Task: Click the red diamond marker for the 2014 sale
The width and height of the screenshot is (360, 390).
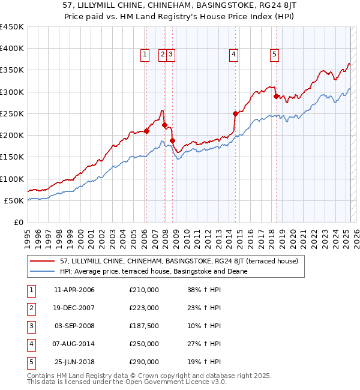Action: tap(235, 113)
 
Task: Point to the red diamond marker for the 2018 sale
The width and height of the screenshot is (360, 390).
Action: tap(276, 96)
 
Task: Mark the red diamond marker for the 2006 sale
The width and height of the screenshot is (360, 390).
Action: tap(146, 131)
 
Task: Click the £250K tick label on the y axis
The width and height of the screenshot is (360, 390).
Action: tap(12, 113)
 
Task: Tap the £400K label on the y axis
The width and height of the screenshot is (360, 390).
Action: tap(12, 49)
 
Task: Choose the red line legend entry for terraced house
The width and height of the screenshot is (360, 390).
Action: tap(174, 261)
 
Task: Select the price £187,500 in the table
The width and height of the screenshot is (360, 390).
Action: tap(144, 326)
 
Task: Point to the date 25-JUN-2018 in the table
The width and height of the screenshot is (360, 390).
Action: tap(74, 362)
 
